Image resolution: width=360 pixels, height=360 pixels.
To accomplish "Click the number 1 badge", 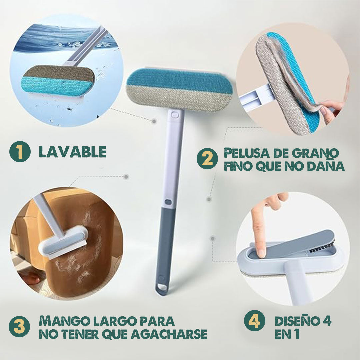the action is point(20,152).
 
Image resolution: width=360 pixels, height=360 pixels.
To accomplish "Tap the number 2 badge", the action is point(207,159).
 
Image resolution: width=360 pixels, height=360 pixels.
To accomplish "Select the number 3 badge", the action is point(19,327).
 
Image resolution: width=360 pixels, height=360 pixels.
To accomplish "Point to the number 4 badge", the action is point(254,321).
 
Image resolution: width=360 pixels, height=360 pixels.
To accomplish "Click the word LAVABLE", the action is point(73,152).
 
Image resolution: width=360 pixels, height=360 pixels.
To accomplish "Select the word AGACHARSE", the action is point(169,334).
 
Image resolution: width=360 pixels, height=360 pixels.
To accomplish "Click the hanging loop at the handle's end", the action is point(162,289).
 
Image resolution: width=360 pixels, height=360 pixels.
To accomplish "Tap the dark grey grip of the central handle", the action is point(165,243).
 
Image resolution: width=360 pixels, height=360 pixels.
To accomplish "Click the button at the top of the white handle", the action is point(175,114).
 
